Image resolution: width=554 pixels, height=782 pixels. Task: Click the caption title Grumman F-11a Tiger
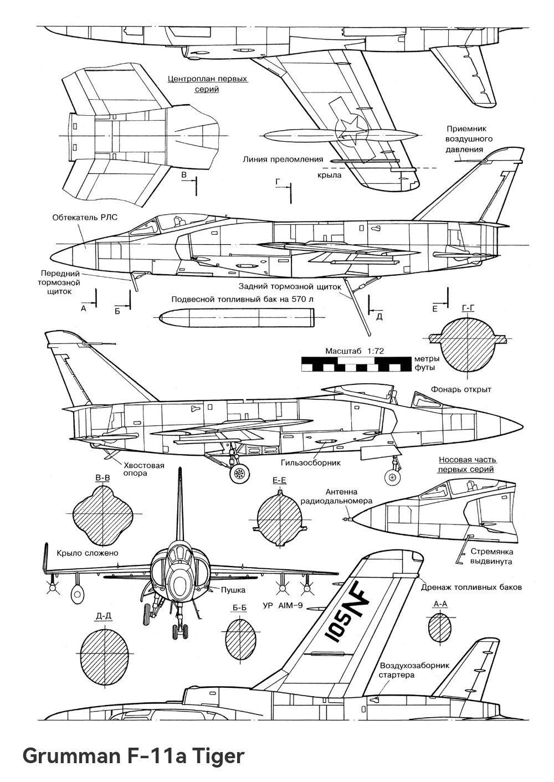click(x=133, y=755)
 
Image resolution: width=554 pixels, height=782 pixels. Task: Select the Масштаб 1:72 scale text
click(x=355, y=351)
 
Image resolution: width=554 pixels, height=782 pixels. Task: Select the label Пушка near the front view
click(x=233, y=590)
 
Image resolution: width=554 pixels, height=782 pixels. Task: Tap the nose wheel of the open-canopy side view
click(x=393, y=476)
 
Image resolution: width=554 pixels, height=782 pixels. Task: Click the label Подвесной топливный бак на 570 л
click(x=242, y=300)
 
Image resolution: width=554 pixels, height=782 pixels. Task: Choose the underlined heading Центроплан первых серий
click(x=207, y=84)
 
